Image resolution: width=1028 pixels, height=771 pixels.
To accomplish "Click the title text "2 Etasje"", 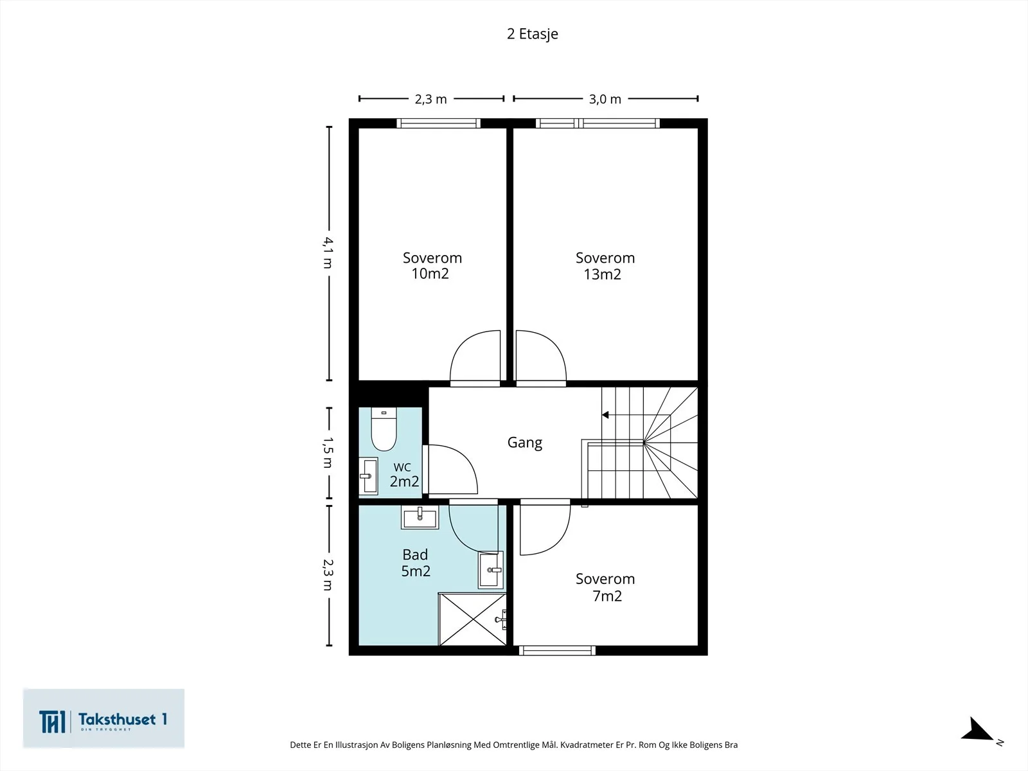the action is [533, 33].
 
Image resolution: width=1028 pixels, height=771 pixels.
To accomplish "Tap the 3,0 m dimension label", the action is [605, 99].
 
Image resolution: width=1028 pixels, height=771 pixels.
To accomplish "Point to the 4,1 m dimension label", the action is [328, 253].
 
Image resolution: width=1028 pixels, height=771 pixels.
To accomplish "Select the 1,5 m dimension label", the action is [328, 452].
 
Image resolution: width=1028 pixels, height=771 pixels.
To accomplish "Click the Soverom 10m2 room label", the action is [432, 265].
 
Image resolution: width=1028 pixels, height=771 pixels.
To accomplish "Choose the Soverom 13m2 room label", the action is [605, 266].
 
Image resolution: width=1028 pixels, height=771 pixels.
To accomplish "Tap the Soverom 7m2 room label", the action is [605, 587].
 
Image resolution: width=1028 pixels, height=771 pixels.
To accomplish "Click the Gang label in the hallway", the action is [524, 443].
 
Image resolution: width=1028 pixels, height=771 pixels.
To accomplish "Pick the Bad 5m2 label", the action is [416, 563].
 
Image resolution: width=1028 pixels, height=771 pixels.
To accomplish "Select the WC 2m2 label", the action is [404, 474].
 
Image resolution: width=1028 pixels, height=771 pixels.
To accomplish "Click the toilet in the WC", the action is [384, 429].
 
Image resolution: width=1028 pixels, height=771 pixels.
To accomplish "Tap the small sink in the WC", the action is [369, 475].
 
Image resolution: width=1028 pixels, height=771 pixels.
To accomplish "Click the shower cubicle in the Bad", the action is [472, 619].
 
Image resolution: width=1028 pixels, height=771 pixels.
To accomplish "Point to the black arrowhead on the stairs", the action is [605, 415].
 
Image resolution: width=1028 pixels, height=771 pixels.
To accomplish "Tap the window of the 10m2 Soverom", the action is [438, 123].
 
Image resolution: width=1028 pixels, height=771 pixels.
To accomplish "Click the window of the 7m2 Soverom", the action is [557, 650].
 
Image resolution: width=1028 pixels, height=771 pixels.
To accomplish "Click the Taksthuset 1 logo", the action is [103, 718].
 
